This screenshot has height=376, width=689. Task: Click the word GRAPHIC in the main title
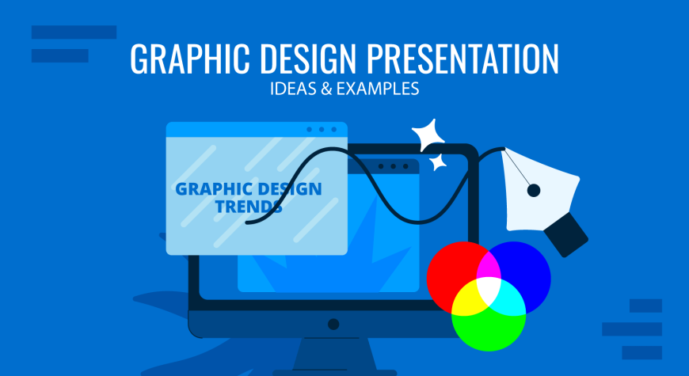(x=190, y=59)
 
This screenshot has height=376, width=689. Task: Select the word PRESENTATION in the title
(x=463, y=59)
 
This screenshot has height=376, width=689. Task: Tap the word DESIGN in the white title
(x=308, y=59)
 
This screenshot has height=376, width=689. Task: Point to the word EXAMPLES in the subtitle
(x=378, y=89)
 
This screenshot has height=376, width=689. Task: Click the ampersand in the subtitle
(x=326, y=89)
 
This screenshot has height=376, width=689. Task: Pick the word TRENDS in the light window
(x=249, y=207)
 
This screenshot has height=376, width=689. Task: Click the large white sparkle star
(x=428, y=135)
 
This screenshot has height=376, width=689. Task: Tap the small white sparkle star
(x=438, y=162)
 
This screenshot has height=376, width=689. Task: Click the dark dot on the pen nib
(x=534, y=191)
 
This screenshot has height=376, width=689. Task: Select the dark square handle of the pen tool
(x=566, y=234)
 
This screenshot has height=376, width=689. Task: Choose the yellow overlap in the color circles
(x=466, y=300)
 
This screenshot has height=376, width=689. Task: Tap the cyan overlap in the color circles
(x=511, y=300)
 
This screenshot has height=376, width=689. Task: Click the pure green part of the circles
(x=489, y=332)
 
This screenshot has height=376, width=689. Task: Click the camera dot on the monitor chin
(x=333, y=325)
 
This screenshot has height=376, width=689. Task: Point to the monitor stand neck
(x=334, y=354)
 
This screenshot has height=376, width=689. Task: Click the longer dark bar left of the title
(x=74, y=32)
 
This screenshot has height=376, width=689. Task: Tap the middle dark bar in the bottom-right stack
(x=632, y=329)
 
